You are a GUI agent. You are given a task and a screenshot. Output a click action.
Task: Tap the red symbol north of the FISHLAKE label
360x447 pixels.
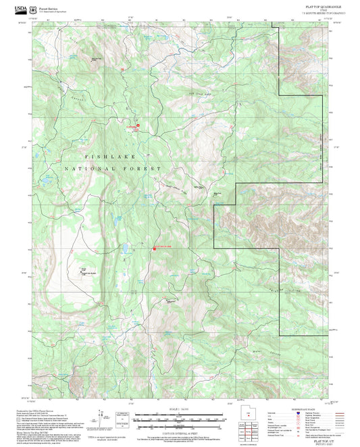pyautogui.click(x=138, y=125)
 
